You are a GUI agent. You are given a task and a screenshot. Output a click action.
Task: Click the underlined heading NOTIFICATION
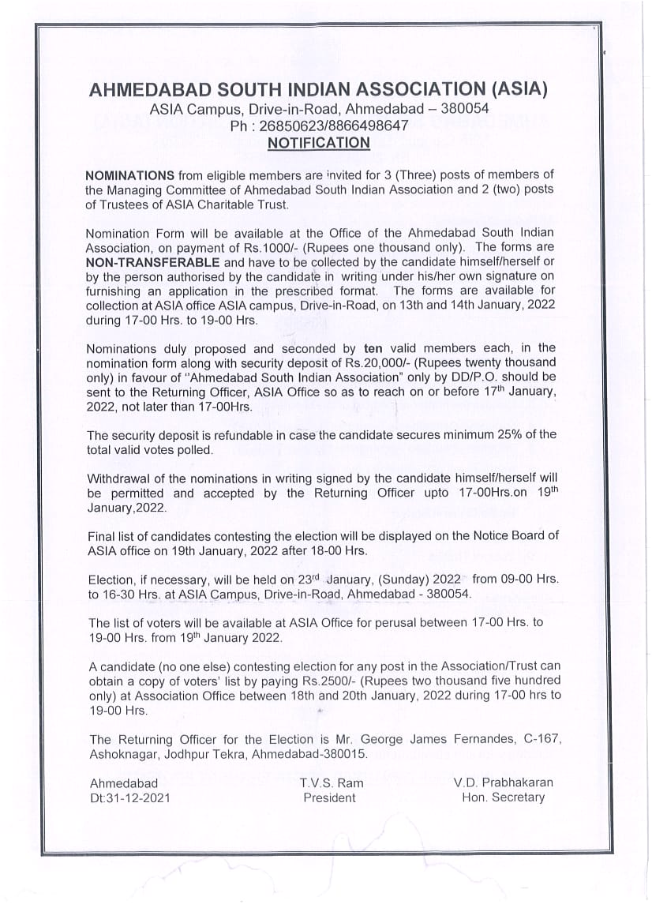tap(318, 143)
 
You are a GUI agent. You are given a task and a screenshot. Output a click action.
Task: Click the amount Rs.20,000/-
tap(403, 362)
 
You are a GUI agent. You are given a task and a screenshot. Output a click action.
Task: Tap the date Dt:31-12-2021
tap(129, 797)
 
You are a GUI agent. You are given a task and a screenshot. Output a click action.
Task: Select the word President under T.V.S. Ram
tap(329, 797)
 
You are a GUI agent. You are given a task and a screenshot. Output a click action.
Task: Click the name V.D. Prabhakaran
tap(503, 783)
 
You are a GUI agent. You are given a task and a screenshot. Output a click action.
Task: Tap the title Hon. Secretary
tap(503, 797)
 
